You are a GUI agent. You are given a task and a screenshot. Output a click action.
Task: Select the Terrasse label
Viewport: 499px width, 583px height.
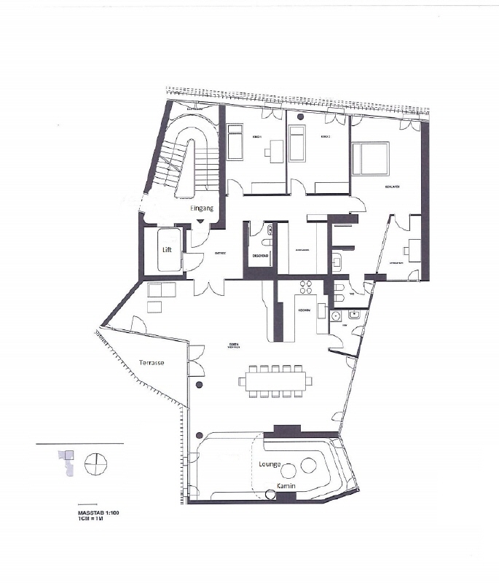(x=152, y=362)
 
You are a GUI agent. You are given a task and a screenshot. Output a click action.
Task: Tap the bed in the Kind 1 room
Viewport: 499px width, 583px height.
(x=235, y=142)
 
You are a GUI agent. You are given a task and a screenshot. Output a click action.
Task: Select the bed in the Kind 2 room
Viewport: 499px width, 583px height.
(x=297, y=143)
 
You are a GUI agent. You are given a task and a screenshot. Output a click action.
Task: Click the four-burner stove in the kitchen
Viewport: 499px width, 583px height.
(x=306, y=286)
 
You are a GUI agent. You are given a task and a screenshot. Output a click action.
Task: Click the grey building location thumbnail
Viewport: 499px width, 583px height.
(x=66, y=461)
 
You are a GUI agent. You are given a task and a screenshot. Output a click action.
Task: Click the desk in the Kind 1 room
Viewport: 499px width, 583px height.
(x=274, y=152)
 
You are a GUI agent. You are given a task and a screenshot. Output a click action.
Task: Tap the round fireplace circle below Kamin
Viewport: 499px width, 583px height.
(x=271, y=496)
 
